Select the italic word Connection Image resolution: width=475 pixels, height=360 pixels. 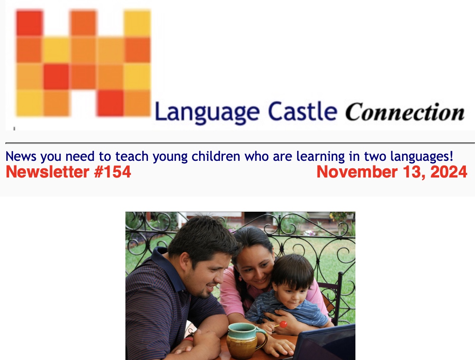404,112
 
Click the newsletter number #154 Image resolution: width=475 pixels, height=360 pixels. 112,172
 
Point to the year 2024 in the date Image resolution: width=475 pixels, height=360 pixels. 448,172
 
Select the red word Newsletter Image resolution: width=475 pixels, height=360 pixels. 48,172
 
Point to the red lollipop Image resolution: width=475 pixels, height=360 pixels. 283,324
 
